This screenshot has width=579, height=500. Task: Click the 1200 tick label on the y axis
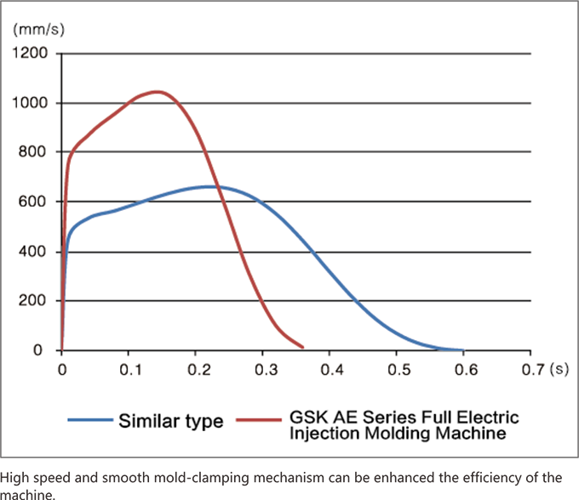(x=31, y=54)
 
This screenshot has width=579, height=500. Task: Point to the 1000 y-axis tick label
(x=31, y=103)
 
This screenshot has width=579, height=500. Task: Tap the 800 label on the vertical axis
(x=35, y=152)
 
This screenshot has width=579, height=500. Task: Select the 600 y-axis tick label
(x=35, y=202)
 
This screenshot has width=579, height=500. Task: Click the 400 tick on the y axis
(x=35, y=252)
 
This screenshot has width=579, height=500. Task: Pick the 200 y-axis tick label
(x=35, y=301)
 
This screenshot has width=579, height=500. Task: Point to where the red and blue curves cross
(x=219, y=187)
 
